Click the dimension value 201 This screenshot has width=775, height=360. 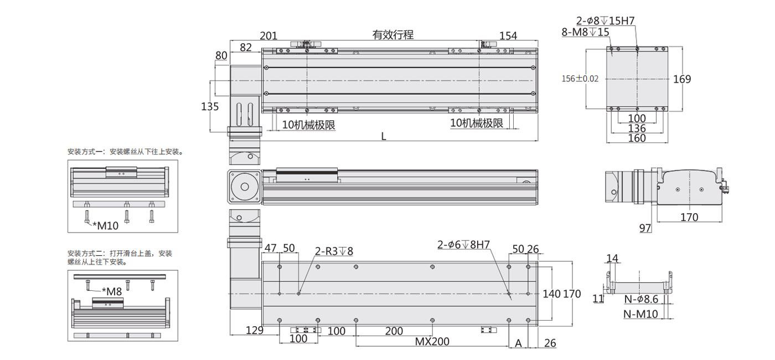pos(268,35)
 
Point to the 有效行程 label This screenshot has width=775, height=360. pos(392,34)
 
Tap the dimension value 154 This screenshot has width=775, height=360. pos(508,35)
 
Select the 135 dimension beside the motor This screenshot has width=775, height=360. pos(210,106)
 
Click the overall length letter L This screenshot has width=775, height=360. pos(383,137)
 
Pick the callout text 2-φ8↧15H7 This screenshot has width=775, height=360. pos(606,21)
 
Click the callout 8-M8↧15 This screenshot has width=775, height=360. pos(586,32)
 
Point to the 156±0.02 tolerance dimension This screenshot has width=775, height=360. pos(580,79)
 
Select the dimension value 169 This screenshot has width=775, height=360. pos(682,79)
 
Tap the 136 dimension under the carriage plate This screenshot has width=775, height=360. pos(637,128)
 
